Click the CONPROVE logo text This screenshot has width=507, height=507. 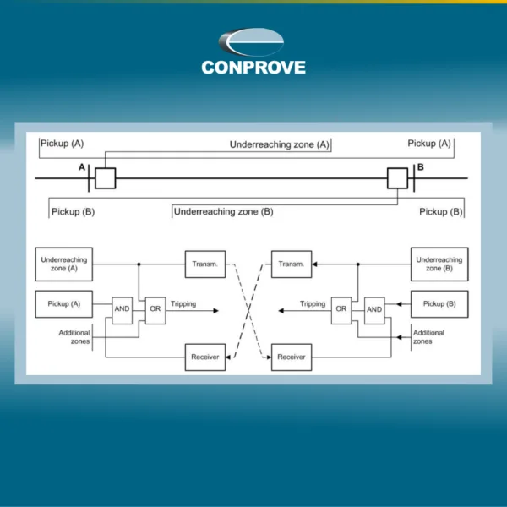(253, 68)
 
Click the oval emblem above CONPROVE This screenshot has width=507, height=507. (251, 42)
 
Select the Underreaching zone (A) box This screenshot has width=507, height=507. (64, 264)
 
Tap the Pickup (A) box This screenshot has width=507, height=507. (64, 304)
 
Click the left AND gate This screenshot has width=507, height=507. (122, 310)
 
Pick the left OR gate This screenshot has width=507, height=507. (155, 310)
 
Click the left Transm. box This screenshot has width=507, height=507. (205, 264)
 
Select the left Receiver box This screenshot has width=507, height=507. (205, 357)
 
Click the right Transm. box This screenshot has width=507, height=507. (292, 264)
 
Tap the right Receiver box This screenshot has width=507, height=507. (292, 357)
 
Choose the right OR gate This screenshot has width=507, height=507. (341, 310)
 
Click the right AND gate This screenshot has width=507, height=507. (374, 310)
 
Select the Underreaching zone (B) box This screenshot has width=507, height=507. (439, 264)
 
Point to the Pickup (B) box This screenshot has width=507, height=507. (439, 304)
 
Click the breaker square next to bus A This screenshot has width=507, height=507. (106, 178)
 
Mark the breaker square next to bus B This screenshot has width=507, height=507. (397, 178)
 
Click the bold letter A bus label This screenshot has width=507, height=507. (82, 167)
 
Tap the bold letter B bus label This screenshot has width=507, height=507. (420, 167)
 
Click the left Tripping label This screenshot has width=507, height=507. (183, 304)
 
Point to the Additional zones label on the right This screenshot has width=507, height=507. (428, 337)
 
